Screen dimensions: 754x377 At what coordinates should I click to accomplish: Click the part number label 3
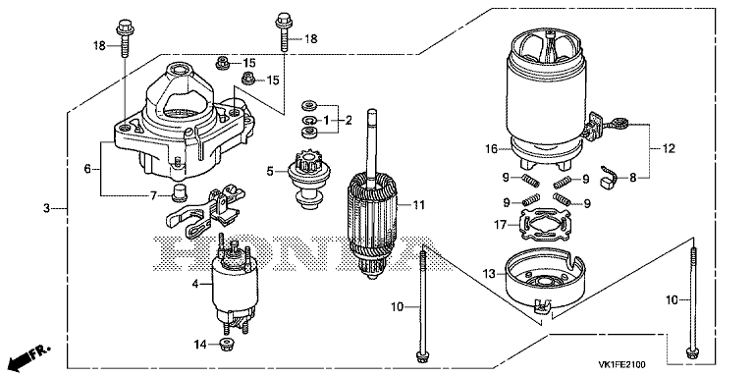47,209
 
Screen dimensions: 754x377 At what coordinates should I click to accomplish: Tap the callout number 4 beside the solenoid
195,284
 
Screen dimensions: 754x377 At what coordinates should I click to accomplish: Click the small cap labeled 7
180,190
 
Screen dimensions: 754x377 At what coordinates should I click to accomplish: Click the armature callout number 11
419,205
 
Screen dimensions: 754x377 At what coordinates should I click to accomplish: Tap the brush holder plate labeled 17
541,227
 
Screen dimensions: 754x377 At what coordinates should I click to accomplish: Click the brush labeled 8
608,179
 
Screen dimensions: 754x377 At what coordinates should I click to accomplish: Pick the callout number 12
669,148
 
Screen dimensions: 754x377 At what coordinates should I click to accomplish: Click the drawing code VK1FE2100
621,364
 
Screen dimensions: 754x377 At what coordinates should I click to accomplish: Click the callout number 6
87,169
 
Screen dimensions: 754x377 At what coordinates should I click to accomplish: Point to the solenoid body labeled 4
236,284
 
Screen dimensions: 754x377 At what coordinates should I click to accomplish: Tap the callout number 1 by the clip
326,120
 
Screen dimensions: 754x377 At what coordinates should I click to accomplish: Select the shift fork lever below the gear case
203,210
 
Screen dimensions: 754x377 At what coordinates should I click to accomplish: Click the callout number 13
489,274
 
